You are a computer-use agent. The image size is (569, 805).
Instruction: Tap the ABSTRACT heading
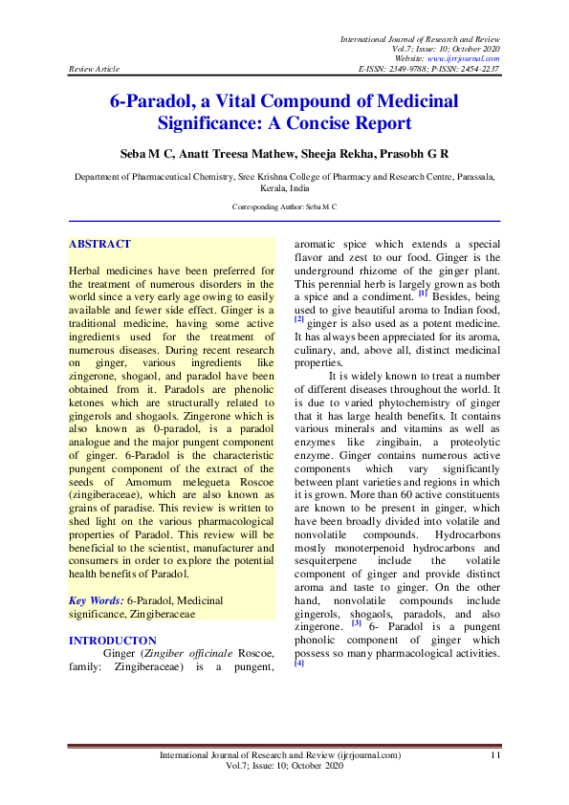pos(99,245)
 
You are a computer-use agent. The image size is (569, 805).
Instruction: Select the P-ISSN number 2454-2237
pos(477,70)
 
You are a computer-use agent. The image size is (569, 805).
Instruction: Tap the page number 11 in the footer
pos(494,755)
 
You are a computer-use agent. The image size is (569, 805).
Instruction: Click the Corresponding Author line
pos(284,207)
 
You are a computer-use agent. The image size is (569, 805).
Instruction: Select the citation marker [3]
pos(356,623)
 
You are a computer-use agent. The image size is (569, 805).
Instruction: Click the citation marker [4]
pos(299,664)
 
